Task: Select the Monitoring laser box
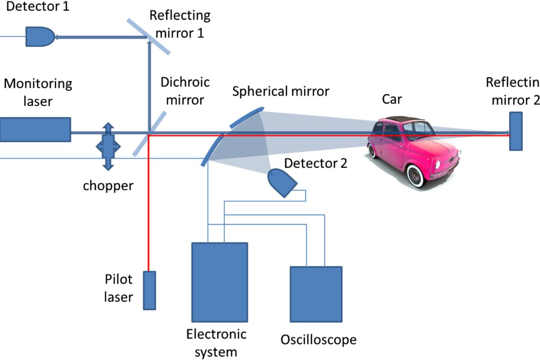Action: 35,129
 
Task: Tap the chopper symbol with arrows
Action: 108,146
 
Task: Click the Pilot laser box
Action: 149,290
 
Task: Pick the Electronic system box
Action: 219,282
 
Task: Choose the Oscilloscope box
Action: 316,294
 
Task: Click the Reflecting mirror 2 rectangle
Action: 516,131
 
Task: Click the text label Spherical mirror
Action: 281,91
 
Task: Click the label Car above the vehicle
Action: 392,100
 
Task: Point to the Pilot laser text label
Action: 118,288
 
